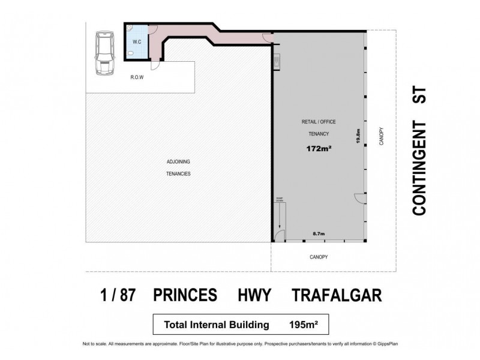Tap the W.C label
pyautogui.click(x=137, y=41)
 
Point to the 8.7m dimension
pyautogui.click(x=319, y=233)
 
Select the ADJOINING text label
pyautogui.click(x=178, y=162)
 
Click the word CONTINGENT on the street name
pyautogui.click(x=419, y=169)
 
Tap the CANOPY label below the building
pyautogui.click(x=318, y=257)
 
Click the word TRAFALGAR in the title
pyautogui.click(x=337, y=296)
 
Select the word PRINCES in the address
pyautogui.click(x=182, y=296)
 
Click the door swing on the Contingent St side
pyautogui.click(x=359, y=197)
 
